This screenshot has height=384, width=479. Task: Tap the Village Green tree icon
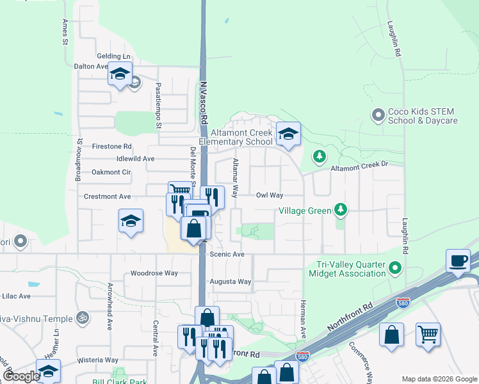click(x=341, y=209)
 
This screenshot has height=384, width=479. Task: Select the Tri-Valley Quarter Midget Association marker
click(x=396, y=269)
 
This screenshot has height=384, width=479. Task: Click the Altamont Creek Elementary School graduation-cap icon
click(x=288, y=134)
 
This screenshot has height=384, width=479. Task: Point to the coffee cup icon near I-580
click(x=459, y=261)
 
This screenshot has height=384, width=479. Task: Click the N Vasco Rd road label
click(x=204, y=102)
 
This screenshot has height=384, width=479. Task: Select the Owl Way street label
click(x=270, y=195)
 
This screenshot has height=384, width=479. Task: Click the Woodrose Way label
click(x=154, y=273)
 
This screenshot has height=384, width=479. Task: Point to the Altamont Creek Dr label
click(x=359, y=166)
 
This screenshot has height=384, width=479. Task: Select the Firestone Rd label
click(x=111, y=147)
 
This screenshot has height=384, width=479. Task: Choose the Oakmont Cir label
click(x=111, y=172)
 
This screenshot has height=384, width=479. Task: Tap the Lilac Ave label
click(x=15, y=296)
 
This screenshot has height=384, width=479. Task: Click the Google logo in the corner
click(x=21, y=376)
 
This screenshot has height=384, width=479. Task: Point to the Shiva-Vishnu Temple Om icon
click(x=82, y=316)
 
